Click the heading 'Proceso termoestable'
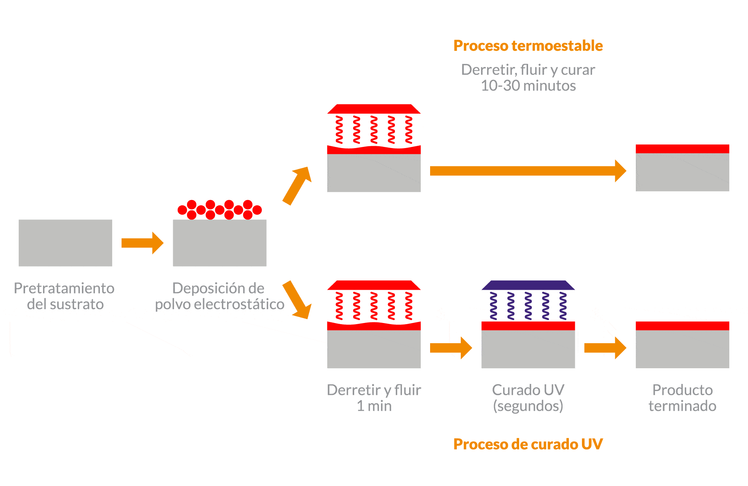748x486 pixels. (528, 46)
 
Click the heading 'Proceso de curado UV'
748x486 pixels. (528, 444)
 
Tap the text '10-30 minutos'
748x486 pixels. (528, 86)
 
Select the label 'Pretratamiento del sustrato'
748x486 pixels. (65, 296)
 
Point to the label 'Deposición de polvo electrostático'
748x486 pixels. (220, 296)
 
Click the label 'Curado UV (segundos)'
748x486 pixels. (528, 398)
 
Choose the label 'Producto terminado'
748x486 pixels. (682, 398)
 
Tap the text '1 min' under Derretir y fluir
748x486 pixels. (374, 406)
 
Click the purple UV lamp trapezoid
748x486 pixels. (528, 285)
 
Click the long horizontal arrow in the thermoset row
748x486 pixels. (524, 171)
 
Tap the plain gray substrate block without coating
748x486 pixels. (65, 243)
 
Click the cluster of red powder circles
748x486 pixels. (220, 210)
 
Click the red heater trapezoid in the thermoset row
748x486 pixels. (374, 109)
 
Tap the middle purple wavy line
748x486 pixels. (528, 306)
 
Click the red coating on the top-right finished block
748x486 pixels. (682, 149)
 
